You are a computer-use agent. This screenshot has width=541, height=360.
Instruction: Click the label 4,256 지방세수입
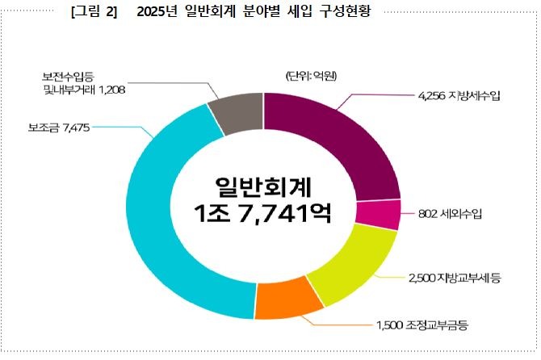459,96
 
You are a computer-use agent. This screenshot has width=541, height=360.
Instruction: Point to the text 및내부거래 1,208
84,91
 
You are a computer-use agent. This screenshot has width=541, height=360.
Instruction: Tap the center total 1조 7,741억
264,213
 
